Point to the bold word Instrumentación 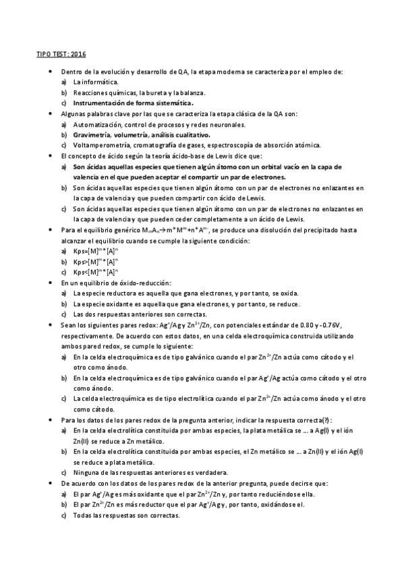pyautogui.click(x=103, y=103)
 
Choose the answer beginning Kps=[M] pyautogui.click(x=96, y=251)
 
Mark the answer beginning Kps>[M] pyautogui.click(x=96, y=262)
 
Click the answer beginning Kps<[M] pyautogui.click(x=96, y=272)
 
